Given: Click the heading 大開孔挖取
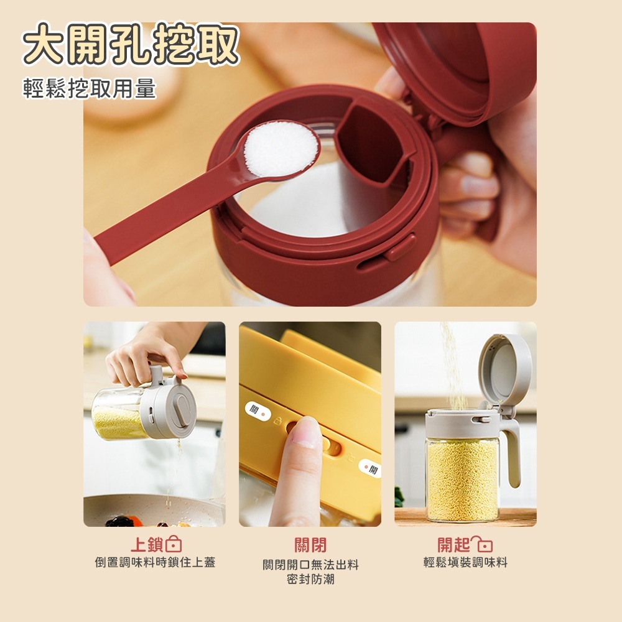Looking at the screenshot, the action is pyautogui.click(x=131, y=44).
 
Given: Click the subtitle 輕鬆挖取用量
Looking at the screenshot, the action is pyautogui.click(x=89, y=88).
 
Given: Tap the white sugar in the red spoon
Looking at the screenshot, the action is pyautogui.click(x=281, y=149).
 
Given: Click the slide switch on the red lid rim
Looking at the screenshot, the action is pyautogui.click(x=401, y=248).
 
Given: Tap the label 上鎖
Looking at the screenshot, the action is pyautogui.click(x=147, y=545).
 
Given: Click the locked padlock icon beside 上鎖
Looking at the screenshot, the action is pyautogui.click(x=174, y=544).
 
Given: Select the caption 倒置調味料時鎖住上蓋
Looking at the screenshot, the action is pyautogui.click(x=155, y=562).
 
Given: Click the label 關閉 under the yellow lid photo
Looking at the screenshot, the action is pyautogui.click(x=310, y=545).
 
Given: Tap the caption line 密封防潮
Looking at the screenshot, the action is pyautogui.click(x=310, y=579).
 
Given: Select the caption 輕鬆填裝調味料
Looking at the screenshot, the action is pyautogui.click(x=465, y=562).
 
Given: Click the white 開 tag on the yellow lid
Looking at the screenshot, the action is pyautogui.click(x=370, y=468).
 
